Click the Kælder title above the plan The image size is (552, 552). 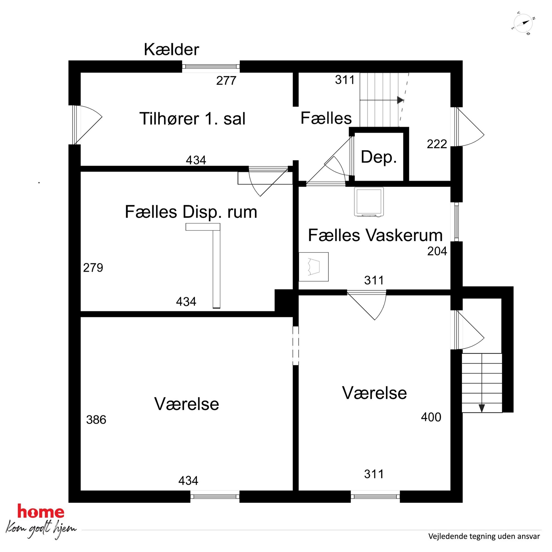pyautogui.click(x=171, y=50)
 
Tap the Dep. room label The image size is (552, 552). pyautogui.click(x=379, y=157)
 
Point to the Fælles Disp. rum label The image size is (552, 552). pyautogui.click(x=191, y=212)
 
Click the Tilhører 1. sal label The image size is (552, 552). pyautogui.click(x=192, y=119)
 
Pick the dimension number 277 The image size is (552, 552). pyautogui.click(x=226, y=81)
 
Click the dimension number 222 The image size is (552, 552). pyautogui.click(x=437, y=144)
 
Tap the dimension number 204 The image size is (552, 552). pyautogui.click(x=437, y=251)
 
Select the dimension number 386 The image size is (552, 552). pyautogui.click(x=96, y=420)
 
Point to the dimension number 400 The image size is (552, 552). pyautogui.click(x=431, y=417)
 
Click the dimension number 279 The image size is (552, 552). pyautogui.click(x=93, y=268)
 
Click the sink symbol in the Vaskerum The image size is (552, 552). pyautogui.click(x=314, y=267)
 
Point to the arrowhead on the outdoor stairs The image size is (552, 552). pyautogui.click(x=482, y=408)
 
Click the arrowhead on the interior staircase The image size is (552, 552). pyautogui.click(x=401, y=100)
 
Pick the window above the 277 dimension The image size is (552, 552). pyautogui.click(x=211, y=66)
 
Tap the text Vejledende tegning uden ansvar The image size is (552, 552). pyautogui.click(x=484, y=536)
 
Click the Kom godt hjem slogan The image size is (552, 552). pyautogui.click(x=41, y=529)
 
